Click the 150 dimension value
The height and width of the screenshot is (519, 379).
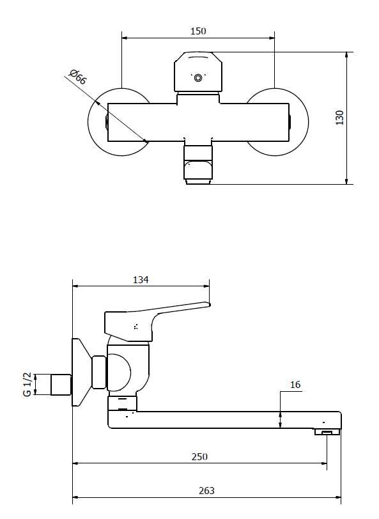[x=198, y=31]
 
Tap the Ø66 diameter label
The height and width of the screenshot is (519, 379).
[x=78, y=77]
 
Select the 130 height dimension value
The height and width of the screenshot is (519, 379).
[x=340, y=118]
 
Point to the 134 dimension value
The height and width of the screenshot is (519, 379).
[x=141, y=280]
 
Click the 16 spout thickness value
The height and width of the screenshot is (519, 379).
[x=295, y=385]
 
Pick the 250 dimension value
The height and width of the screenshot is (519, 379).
[x=199, y=457]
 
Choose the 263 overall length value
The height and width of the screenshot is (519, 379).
[x=206, y=490]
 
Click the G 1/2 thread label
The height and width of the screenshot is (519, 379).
[x=27, y=384]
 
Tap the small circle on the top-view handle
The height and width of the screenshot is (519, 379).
[x=198, y=78]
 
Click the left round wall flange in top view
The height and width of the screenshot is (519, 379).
[x=95, y=122]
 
